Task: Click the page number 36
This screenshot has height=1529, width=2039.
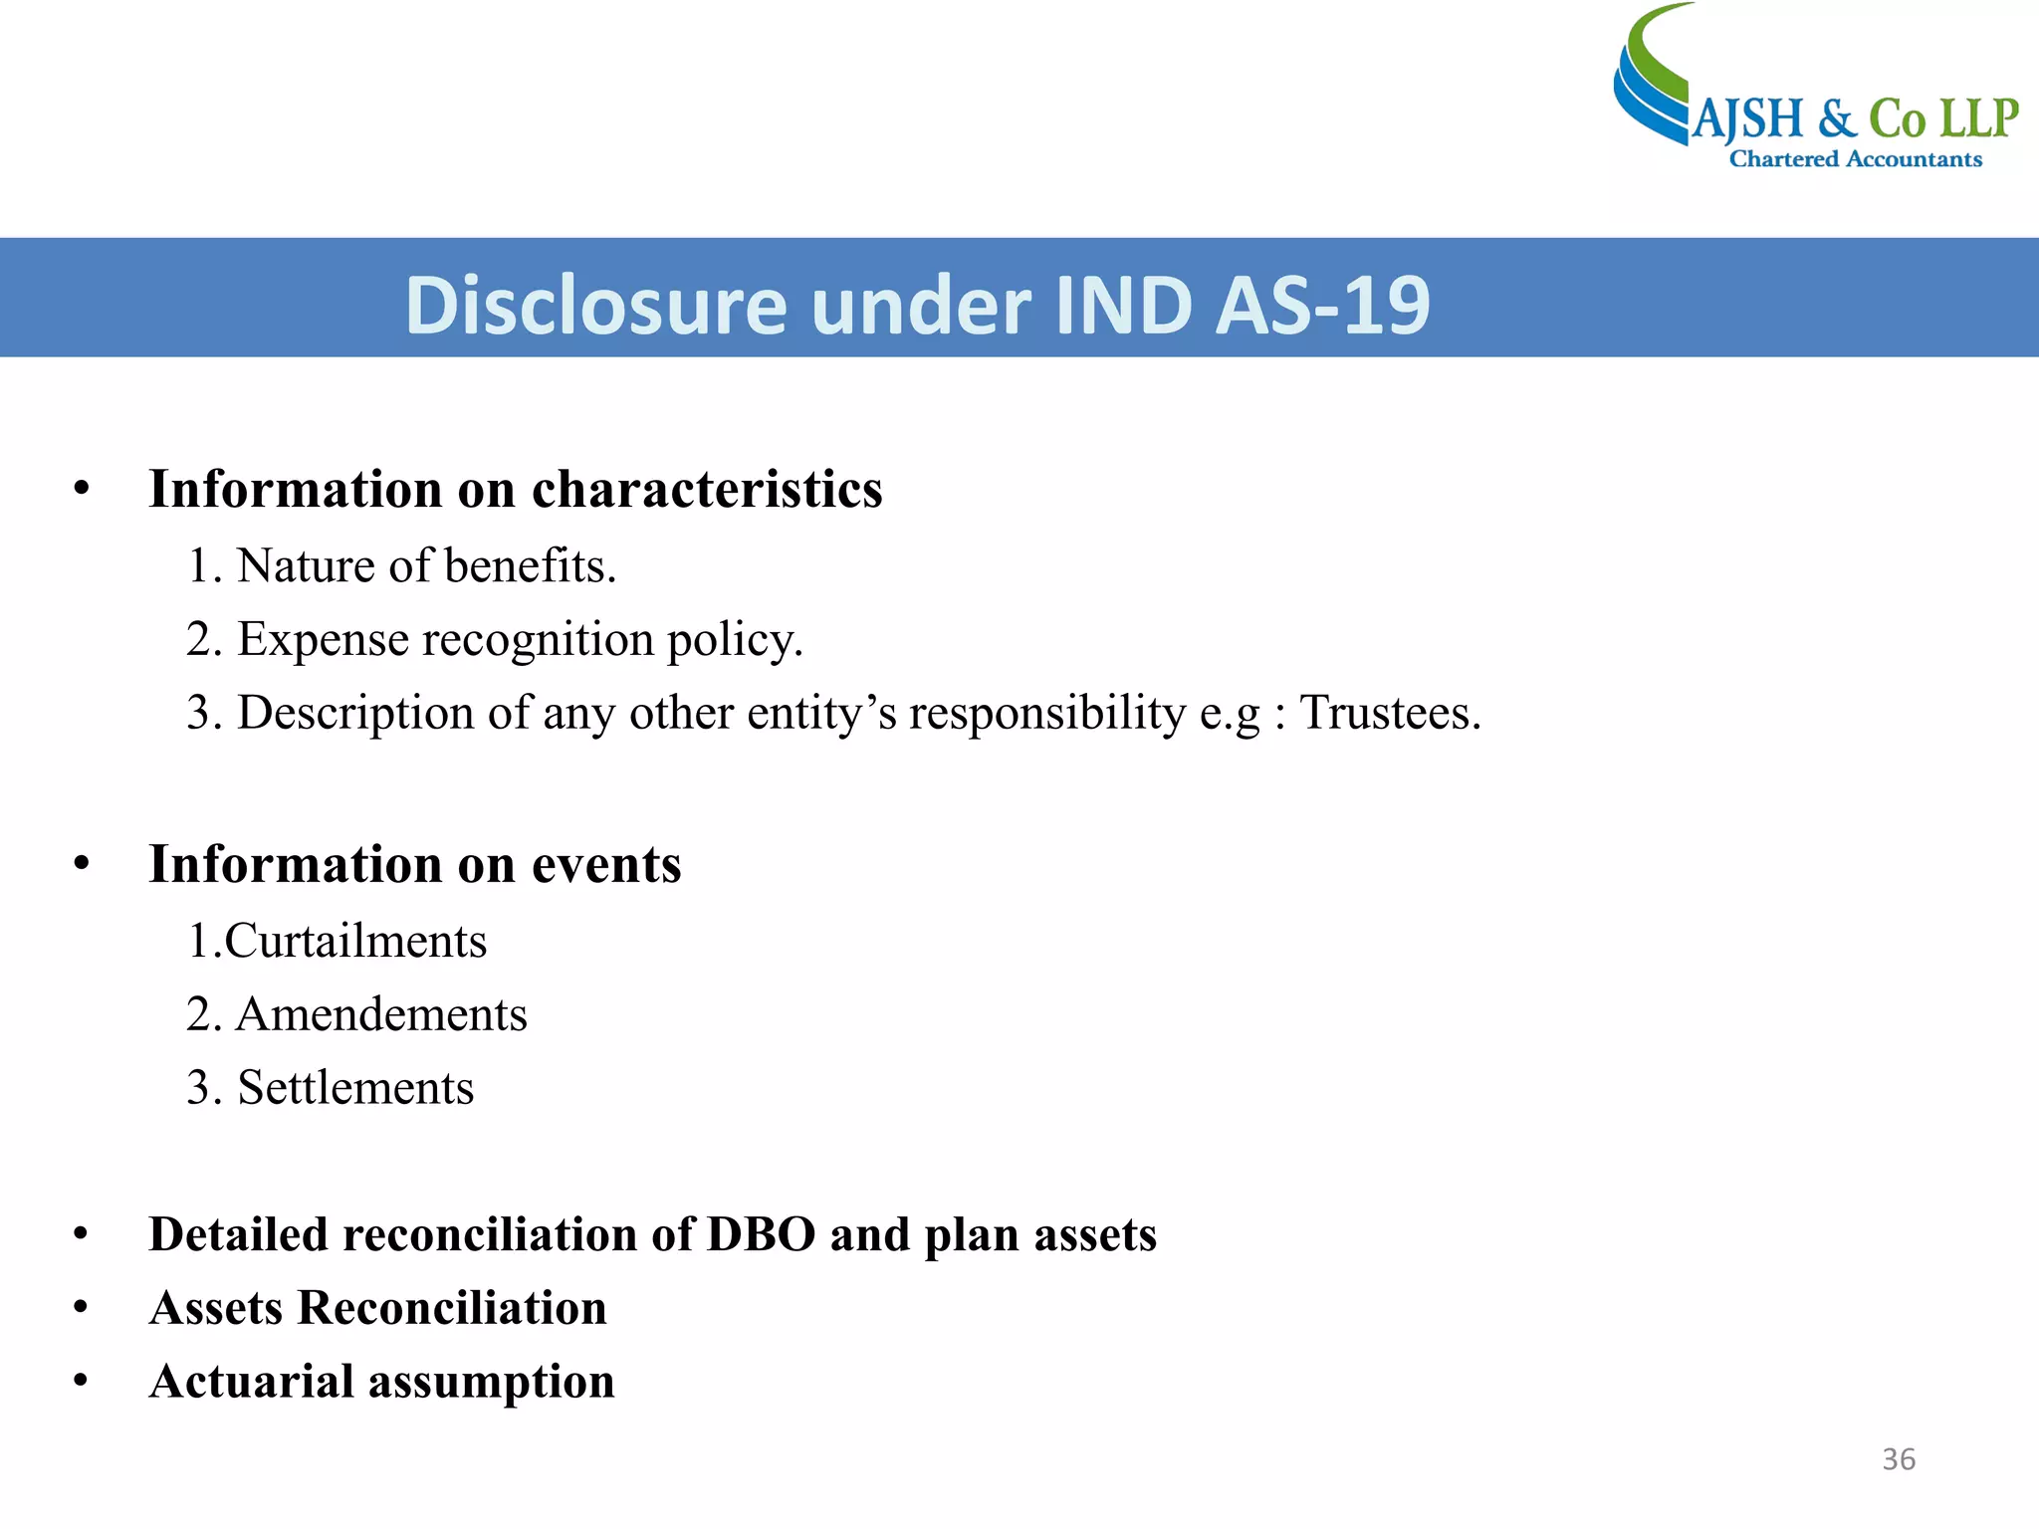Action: (x=1898, y=1459)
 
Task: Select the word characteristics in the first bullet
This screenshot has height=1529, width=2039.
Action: (x=707, y=490)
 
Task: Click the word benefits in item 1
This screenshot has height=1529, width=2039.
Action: (x=530, y=566)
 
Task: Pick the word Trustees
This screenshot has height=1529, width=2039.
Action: (x=1390, y=713)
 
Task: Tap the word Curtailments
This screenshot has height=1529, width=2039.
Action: (x=355, y=942)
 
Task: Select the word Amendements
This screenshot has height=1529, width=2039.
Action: (x=381, y=1015)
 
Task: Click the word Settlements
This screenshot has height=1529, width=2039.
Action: (x=355, y=1088)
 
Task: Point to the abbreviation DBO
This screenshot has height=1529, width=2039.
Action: (x=761, y=1235)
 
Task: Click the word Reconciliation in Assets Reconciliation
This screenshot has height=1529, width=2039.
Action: (x=452, y=1308)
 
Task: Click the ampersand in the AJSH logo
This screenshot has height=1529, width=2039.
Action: (x=1837, y=119)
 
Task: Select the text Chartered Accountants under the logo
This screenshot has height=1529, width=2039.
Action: (x=1856, y=159)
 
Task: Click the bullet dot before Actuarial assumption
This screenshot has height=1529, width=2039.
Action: (x=82, y=1382)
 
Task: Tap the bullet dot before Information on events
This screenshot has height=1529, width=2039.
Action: (x=82, y=864)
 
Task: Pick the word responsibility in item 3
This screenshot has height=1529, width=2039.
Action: (x=1047, y=713)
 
